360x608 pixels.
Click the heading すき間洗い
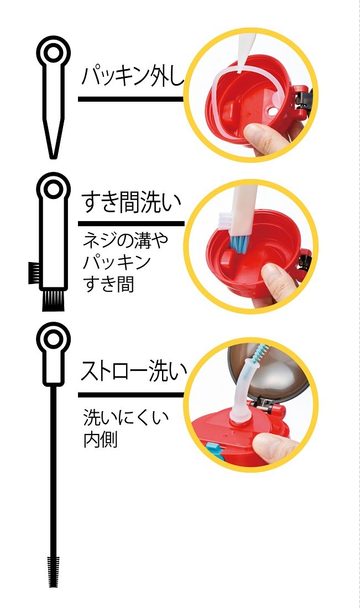coord(131,203)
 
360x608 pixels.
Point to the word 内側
coord(100,441)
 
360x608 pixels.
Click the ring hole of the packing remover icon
coord(53,53)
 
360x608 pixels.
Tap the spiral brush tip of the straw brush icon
coord(54,569)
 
